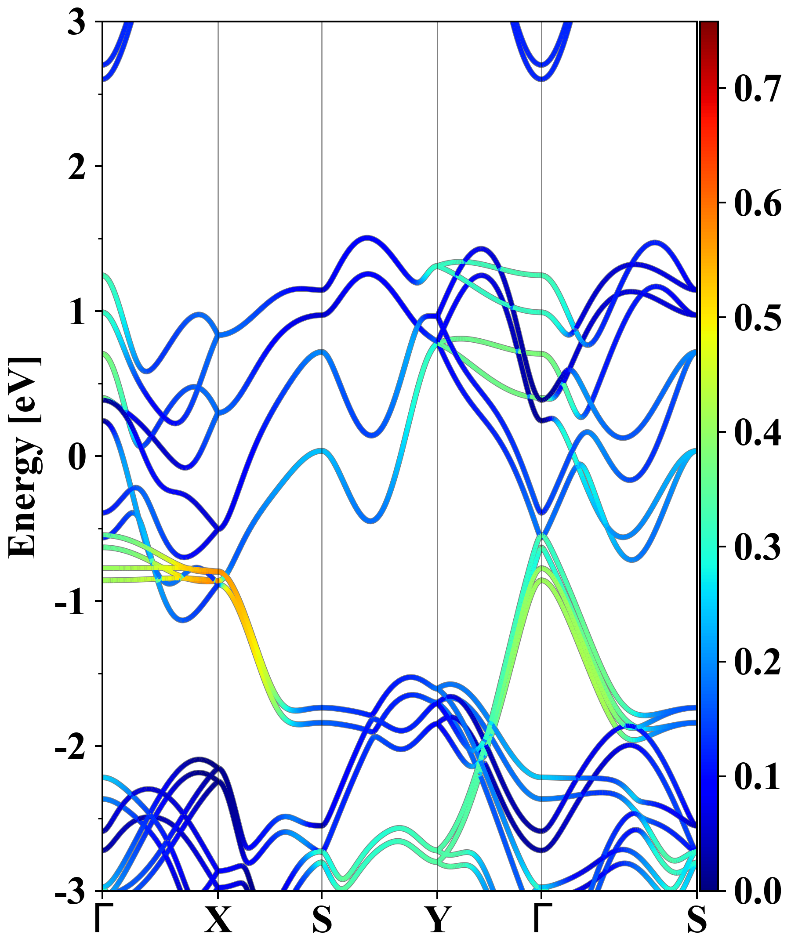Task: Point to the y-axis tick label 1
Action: point(76,312)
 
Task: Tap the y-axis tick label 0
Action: point(76,456)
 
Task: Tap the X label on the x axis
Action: point(218,920)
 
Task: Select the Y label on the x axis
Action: point(437,920)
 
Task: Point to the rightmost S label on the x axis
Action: point(697,920)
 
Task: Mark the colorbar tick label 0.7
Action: point(758,88)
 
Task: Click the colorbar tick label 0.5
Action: point(758,318)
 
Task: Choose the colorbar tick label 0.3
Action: point(758,547)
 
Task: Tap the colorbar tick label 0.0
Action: point(758,891)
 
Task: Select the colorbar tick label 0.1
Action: point(758,777)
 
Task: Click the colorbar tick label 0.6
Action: point(758,203)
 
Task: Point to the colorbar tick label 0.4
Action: point(758,432)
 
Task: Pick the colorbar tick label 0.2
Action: point(758,662)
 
